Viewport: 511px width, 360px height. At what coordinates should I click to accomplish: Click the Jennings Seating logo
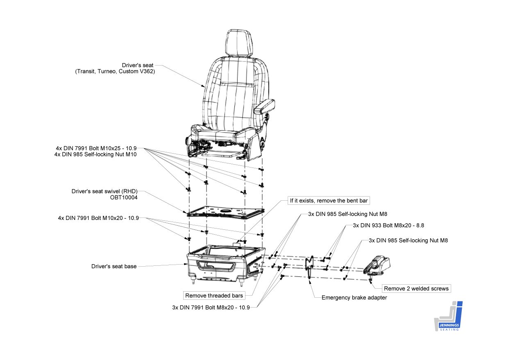pos(448,316)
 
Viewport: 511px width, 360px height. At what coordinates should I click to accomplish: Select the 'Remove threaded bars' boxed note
pos(214,295)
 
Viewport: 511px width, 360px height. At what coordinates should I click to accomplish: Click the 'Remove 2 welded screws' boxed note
pos(416,288)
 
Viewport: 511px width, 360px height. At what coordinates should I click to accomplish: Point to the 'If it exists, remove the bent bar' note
pos(329,200)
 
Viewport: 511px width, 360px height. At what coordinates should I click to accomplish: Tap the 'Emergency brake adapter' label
pos(354,298)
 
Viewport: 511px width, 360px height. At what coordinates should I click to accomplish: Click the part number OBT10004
pos(124,197)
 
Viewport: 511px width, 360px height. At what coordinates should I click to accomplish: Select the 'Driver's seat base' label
pos(114,266)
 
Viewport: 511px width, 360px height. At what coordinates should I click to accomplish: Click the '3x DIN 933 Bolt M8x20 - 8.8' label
pos(388,226)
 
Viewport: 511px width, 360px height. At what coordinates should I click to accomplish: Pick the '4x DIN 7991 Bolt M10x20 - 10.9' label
pos(98,218)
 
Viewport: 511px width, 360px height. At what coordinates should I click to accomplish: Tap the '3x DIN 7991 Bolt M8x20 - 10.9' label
pos(211,307)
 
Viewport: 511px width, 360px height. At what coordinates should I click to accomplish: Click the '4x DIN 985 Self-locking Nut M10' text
pos(95,154)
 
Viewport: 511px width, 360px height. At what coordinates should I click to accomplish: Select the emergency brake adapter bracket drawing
pos(310,266)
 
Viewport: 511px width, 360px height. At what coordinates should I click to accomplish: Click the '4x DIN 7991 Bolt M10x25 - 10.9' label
pos(96,148)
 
